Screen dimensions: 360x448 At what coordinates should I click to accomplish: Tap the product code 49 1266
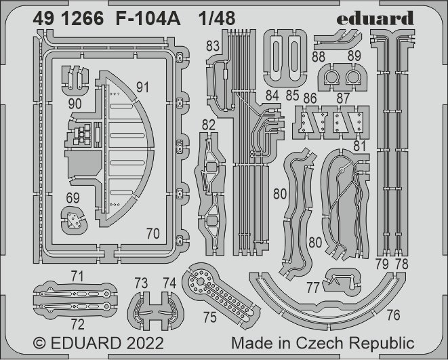[x=68, y=20]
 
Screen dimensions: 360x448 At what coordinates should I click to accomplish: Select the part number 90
[x=75, y=104]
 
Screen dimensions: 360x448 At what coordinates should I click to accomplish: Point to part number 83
[x=213, y=46]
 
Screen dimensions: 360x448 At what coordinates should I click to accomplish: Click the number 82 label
[x=209, y=124]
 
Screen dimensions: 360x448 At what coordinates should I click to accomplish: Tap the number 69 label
[x=73, y=198]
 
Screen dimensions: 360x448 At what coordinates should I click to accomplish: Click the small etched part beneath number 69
[x=73, y=220]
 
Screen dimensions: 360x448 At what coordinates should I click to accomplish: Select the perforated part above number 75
[x=220, y=288]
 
